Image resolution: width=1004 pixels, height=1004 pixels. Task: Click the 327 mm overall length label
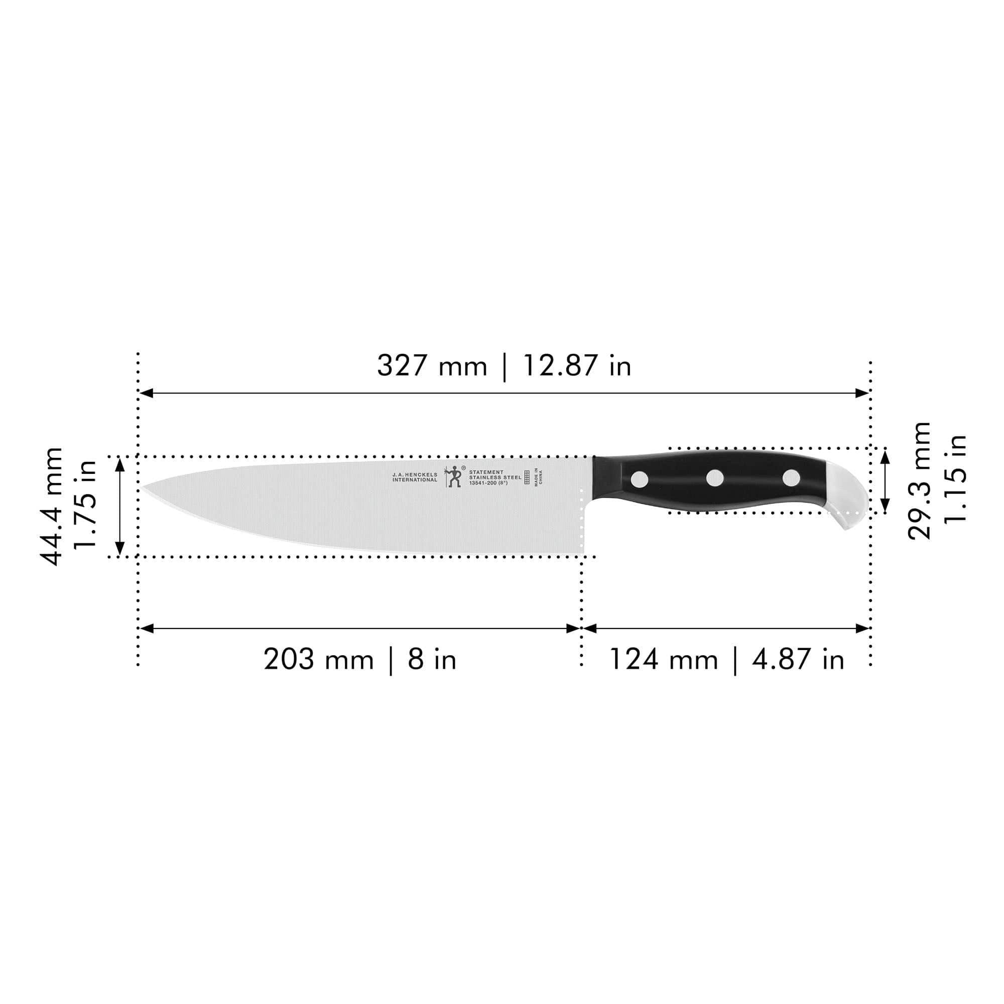click(432, 366)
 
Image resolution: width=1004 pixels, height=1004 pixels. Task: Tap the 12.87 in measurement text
click(576, 366)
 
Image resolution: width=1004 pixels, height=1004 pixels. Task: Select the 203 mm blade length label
click(318, 660)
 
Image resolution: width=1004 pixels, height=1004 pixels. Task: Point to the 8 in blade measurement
click(432, 660)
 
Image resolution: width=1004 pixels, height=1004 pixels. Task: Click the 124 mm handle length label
click(663, 660)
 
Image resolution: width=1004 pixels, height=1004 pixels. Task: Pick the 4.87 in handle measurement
click(798, 660)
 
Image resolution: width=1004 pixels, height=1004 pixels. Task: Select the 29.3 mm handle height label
click(919, 481)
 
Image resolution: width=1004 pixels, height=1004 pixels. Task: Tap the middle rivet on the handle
click(715, 477)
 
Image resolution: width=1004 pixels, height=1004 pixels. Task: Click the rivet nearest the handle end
click(791, 477)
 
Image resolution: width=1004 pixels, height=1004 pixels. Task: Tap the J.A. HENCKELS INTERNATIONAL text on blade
click(415, 477)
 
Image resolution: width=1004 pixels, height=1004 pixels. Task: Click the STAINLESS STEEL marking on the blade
click(495, 477)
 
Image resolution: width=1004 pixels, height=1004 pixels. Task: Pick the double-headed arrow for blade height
click(120, 507)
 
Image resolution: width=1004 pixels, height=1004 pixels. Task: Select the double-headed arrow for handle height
click(885, 481)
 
